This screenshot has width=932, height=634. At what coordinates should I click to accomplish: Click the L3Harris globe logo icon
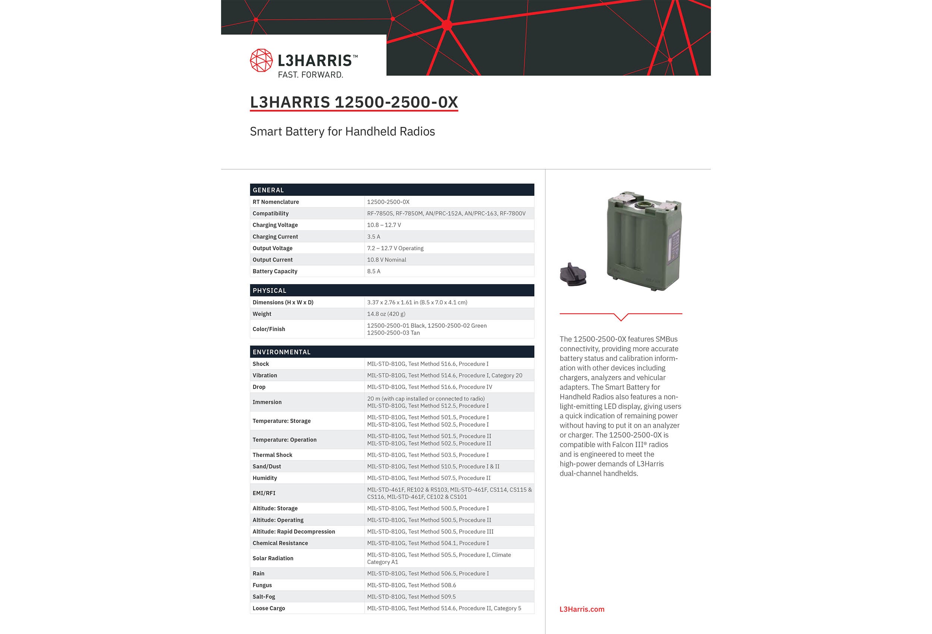point(261,60)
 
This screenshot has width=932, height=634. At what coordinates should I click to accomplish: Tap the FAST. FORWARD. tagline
point(311,75)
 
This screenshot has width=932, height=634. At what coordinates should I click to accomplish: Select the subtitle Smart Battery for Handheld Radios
point(342,131)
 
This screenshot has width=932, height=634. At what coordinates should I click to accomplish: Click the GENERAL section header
point(268,190)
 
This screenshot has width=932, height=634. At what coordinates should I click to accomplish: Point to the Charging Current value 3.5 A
point(374,237)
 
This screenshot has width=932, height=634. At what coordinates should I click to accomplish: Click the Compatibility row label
point(270,213)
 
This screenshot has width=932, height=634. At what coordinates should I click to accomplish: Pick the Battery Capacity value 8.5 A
point(374,271)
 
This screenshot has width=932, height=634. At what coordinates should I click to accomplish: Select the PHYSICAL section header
point(269,290)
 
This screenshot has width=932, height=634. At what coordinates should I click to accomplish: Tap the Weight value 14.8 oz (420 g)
point(386,314)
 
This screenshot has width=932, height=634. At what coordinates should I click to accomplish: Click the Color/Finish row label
point(269,329)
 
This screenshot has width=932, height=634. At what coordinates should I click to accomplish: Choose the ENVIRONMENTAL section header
point(281,352)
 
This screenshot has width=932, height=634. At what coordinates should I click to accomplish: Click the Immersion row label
point(267,402)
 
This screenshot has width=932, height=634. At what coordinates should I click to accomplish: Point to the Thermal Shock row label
point(272,455)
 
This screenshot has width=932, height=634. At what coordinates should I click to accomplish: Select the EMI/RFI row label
point(264,493)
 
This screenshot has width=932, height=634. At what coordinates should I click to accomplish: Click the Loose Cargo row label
point(269,608)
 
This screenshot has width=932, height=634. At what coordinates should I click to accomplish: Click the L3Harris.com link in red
point(582,609)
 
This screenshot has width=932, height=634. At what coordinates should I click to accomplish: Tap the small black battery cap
point(573,275)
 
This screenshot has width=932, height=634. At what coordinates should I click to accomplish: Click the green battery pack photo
point(644,241)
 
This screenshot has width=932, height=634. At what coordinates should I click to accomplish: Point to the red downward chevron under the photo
point(621,317)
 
